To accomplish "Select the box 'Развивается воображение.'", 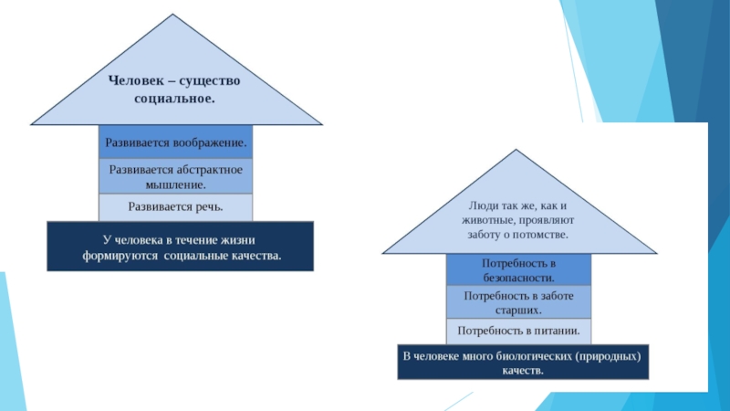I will coord(175,142).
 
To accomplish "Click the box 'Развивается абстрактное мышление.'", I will coord(175,176).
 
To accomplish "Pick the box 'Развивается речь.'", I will coord(175,206).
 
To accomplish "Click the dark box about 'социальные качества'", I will coord(180,247).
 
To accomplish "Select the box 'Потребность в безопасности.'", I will coord(518,269).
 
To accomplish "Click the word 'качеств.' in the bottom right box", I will coord(522,371).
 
